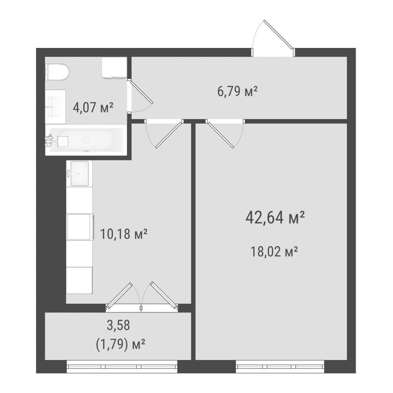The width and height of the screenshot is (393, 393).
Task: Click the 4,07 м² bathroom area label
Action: coord(93,108)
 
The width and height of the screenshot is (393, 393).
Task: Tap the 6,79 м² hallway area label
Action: coord(237,91)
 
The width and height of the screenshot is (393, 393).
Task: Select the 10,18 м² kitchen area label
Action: coord(123,234)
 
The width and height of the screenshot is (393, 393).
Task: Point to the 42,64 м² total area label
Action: coord(275,217)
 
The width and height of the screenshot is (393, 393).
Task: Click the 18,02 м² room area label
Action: coord(274,252)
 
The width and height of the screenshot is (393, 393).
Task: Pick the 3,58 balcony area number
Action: coord(118,325)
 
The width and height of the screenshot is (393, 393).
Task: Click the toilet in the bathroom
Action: coord(57,72)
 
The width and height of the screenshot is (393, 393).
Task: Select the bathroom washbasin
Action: coord(55,107)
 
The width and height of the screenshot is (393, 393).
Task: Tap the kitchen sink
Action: coord(79,173)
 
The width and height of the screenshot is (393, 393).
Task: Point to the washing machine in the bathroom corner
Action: coord(114,68)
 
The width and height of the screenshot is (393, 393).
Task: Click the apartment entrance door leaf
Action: coord(279,34)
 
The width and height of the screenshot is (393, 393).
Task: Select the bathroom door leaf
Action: coord(141,92)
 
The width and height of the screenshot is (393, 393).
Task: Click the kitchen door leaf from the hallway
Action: coord(169,135)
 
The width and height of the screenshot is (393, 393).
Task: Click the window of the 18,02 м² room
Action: coord(280,366)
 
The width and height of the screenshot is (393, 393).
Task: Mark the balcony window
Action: coord(122,366)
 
